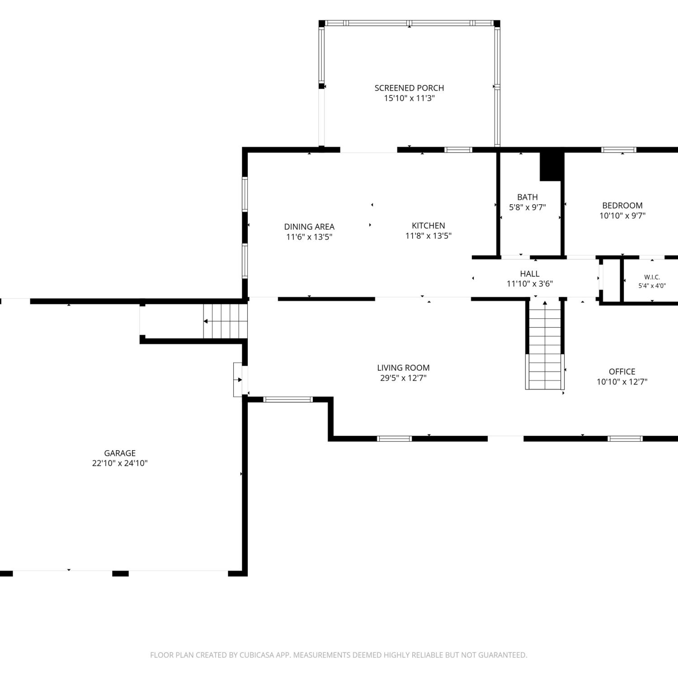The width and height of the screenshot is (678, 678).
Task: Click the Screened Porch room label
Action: [x=409, y=88]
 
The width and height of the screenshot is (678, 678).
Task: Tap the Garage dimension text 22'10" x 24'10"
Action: [x=120, y=463]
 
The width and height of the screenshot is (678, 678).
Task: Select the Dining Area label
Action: [x=309, y=227]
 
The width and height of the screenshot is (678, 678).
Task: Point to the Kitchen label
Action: [x=428, y=226]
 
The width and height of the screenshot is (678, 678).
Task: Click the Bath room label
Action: [x=527, y=197]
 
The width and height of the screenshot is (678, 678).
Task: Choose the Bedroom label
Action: [x=622, y=206]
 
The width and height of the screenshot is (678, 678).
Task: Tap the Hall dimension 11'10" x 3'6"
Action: [x=530, y=284]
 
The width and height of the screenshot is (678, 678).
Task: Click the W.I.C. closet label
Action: [x=652, y=277]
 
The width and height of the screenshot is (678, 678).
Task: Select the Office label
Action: [x=622, y=372]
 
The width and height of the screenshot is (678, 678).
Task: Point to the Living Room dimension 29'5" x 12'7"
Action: [x=403, y=378]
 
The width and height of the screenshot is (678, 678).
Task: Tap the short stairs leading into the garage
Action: [x=225, y=321]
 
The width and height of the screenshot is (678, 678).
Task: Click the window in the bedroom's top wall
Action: [x=618, y=150]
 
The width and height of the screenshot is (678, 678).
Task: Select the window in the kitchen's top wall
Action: [x=458, y=150]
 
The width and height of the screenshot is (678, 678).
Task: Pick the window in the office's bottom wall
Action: [x=625, y=438]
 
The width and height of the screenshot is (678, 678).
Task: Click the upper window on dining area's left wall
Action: [x=245, y=194]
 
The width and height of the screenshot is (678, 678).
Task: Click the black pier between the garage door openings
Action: [x=120, y=574]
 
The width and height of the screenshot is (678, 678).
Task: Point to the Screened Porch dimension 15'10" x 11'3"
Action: [x=410, y=99]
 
